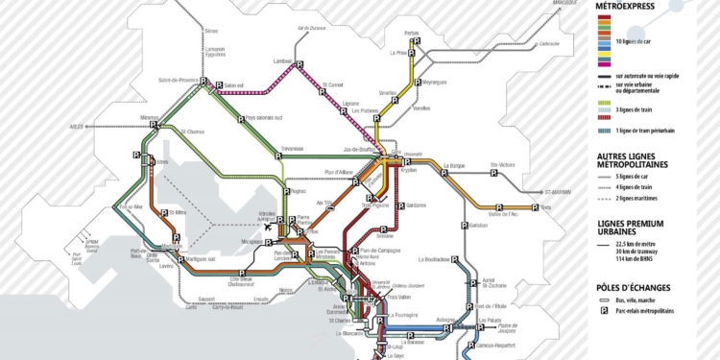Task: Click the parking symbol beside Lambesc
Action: (x=298, y=64)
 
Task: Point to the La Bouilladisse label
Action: (x=435, y=259)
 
